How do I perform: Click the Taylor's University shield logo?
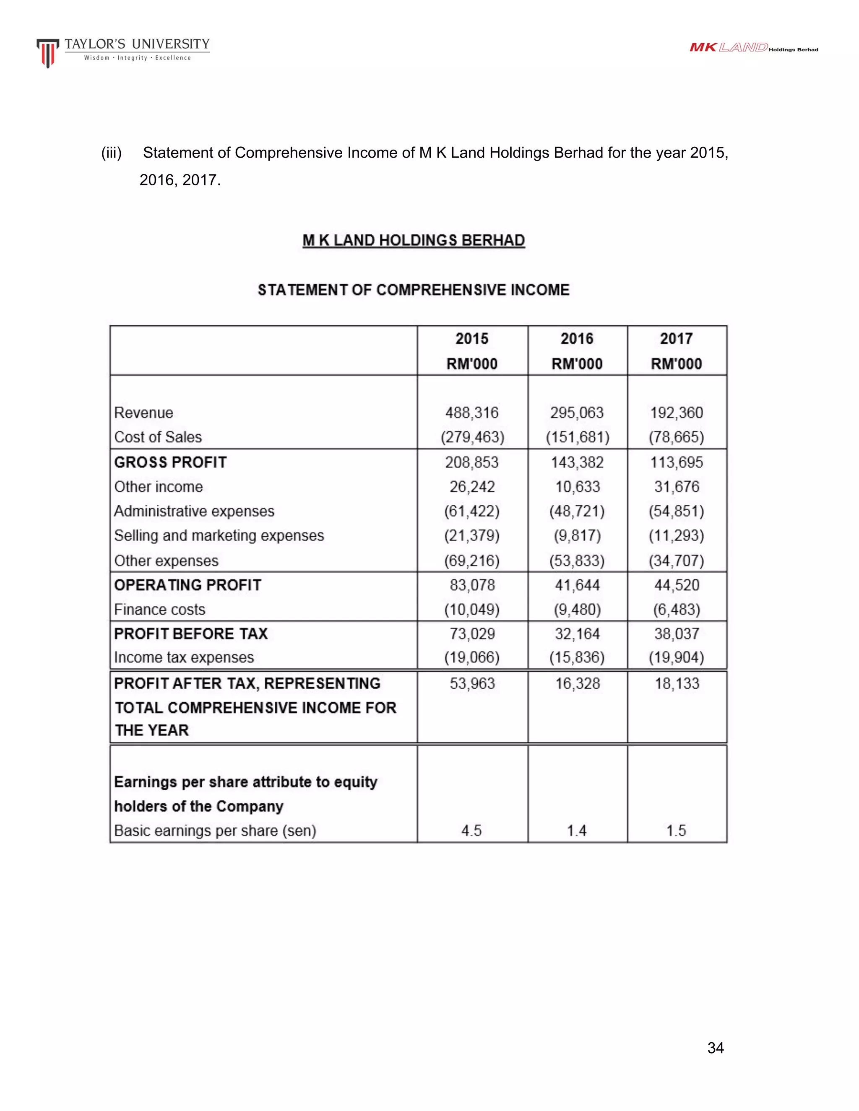coord(47,53)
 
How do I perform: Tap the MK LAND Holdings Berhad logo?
coord(753,48)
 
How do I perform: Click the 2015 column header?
coord(472,339)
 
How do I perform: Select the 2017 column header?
coord(676,339)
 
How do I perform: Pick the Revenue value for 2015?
coord(472,413)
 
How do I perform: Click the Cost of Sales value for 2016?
coord(577,437)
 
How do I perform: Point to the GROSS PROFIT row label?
coord(170,462)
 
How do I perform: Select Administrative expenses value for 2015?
coord(472,511)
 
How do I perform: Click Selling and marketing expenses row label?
coord(219,536)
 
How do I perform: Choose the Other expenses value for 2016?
coord(577,561)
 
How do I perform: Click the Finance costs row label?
coord(160,610)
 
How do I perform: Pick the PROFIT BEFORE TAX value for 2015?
coord(472,634)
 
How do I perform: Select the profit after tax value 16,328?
coord(577,683)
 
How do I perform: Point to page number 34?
coord(716,1048)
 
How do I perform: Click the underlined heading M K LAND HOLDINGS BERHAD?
coord(413,240)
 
